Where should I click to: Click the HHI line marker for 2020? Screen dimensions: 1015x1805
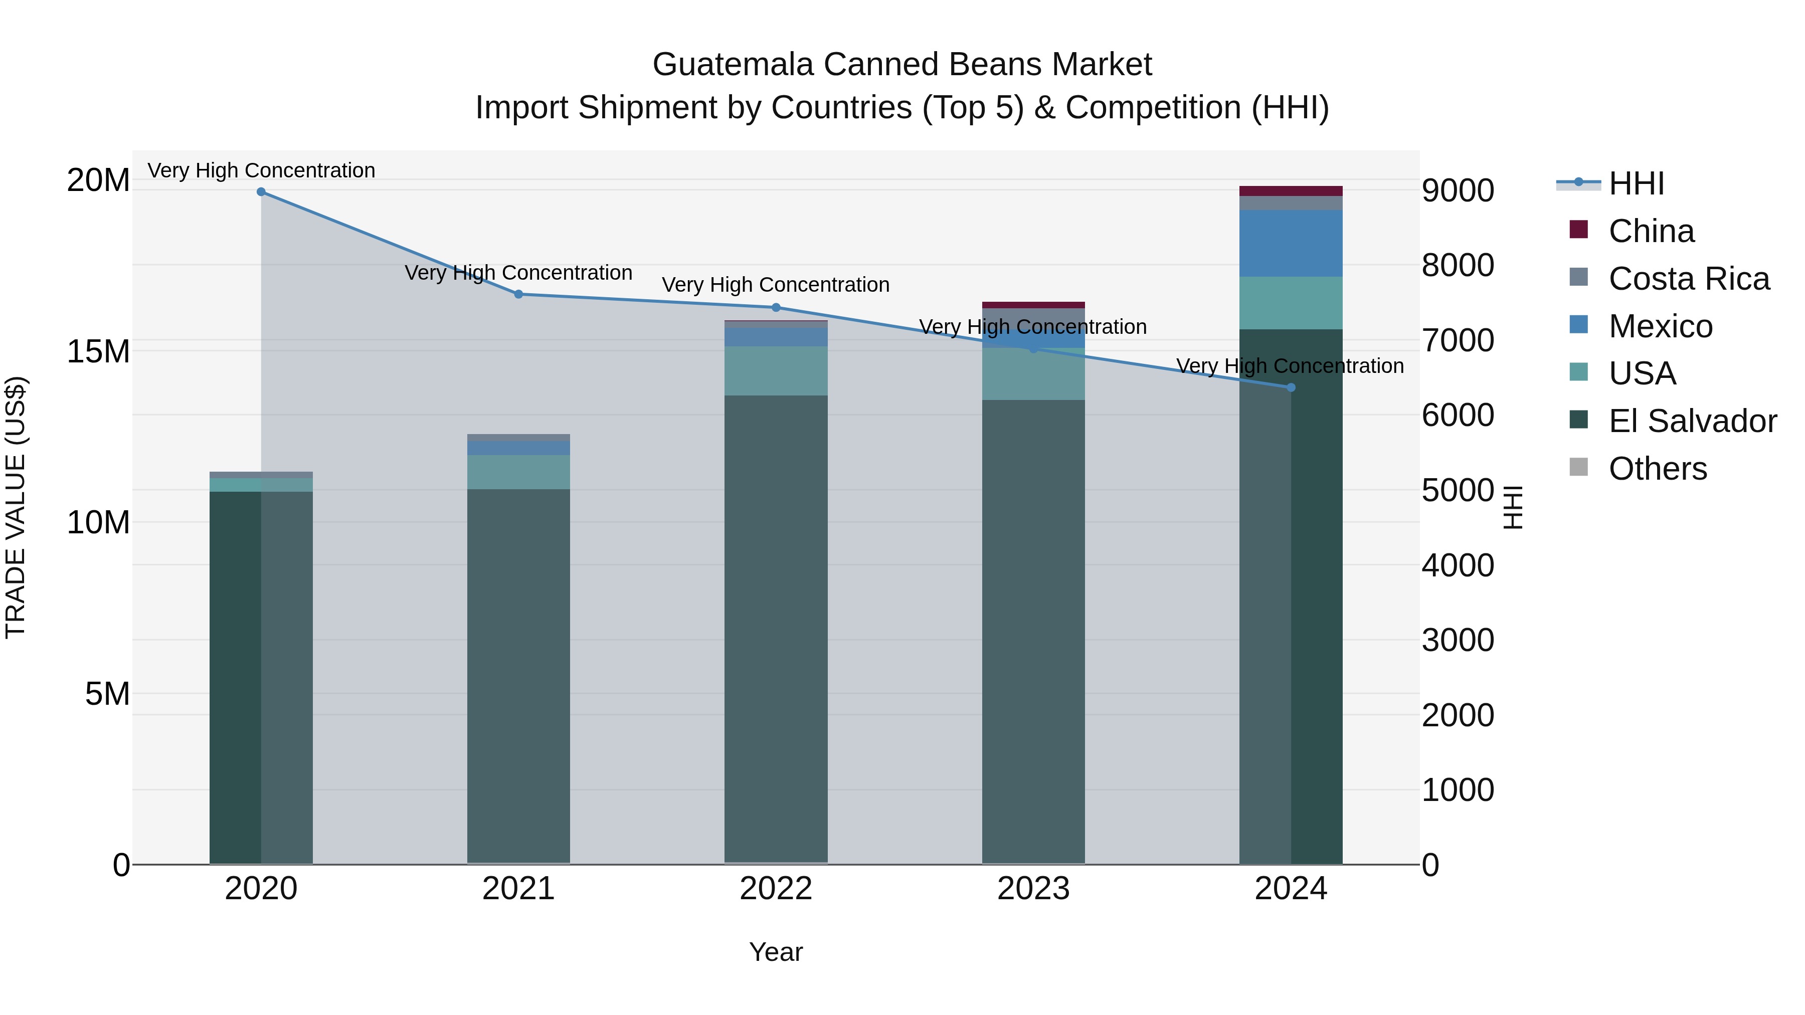pyautogui.click(x=261, y=192)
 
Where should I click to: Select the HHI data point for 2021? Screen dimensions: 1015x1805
pyautogui.click(x=518, y=294)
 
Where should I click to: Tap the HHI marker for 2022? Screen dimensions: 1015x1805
pyautogui.click(x=776, y=308)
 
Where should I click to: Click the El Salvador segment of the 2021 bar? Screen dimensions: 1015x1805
pyautogui.click(x=518, y=673)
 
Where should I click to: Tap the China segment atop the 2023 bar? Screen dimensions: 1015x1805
pyautogui.click(x=1033, y=305)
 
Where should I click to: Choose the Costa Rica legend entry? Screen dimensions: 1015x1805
pyautogui.click(x=1689, y=279)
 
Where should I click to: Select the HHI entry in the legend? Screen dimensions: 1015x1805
pyautogui.click(x=1636, y=183)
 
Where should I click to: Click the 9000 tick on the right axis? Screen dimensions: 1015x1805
pyautogui.click(x=1458, y=190)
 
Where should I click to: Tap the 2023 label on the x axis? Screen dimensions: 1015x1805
pyautogui.click(x=1033, y=889)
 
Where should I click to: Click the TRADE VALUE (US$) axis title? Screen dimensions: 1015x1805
pyautogui.click(x=16, y=507)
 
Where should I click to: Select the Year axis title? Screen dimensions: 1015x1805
pyautogui.click(x=776, y=952)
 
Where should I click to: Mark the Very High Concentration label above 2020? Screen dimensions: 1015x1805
pyautogui.click(x=261, y=170)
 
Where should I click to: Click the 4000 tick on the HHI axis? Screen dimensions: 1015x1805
pyautogui.click(x=1458, y=565)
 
